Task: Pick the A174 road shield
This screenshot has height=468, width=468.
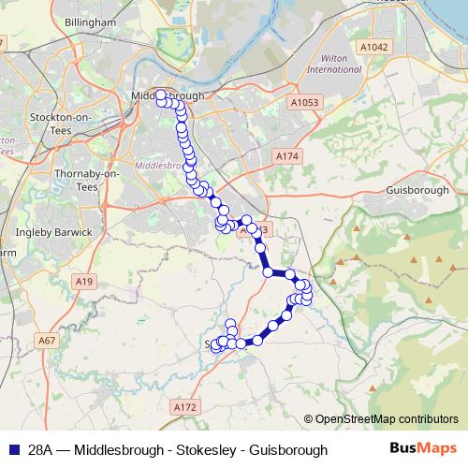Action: (286, 156)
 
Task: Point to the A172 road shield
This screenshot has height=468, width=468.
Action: (186, 407)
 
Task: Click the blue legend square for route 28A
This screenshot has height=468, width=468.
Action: (12, 449)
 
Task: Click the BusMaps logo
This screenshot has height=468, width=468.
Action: (423, 449)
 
